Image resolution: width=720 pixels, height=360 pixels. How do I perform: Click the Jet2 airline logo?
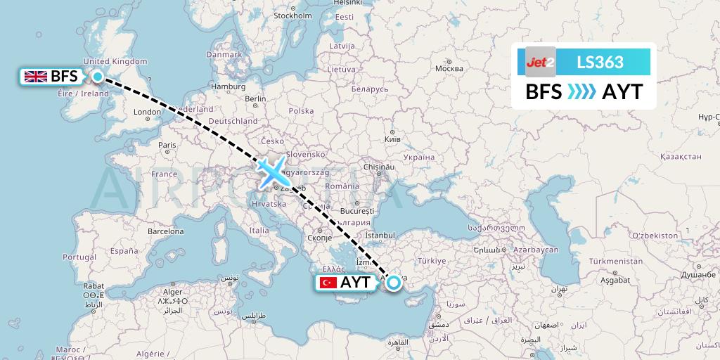coord(541,62)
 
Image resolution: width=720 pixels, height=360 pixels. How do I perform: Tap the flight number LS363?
coord(600,62)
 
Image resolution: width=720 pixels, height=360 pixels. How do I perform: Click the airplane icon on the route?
coord(271,171)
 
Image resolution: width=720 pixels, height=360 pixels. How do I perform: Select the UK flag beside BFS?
coord(35,77)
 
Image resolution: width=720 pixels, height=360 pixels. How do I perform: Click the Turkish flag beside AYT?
coord(328,283)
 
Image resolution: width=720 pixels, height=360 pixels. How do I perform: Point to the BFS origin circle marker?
coord(98,77)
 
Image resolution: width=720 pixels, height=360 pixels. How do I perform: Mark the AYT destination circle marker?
coord(394,283)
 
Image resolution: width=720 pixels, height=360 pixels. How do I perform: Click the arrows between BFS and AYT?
coord(581,92)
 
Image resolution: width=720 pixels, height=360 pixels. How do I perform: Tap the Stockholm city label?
coord(292,15)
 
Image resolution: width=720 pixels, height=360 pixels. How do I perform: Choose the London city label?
coord(147,112)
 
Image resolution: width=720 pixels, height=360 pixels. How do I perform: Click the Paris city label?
coord(167,145)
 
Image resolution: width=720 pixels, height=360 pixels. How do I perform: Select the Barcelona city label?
coord(165,231)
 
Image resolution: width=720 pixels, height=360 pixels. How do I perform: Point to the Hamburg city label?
coord(226,86)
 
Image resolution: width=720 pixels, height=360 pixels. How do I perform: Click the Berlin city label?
coord(255,99)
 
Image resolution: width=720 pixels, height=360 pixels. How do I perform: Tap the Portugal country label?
coord(79,257)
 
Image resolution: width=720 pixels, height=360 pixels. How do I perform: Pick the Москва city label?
coord(449,68)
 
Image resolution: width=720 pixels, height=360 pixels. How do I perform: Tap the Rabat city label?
coord(94,286)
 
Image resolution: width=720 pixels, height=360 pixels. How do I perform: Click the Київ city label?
coord(392,140)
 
